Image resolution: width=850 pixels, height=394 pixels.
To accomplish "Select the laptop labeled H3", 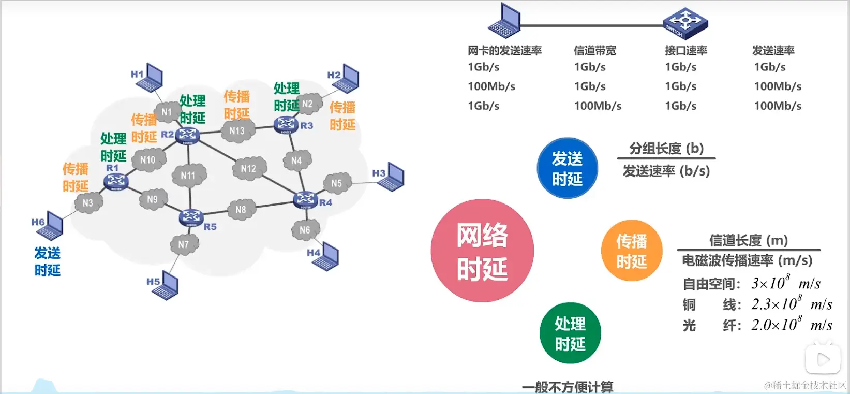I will [x=394, y=177].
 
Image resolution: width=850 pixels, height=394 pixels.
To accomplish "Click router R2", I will [x=187, y=135].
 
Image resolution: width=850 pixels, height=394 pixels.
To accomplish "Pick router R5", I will [x=191, y=217].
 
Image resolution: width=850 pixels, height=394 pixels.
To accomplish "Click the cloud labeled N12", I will [x=249, y=169].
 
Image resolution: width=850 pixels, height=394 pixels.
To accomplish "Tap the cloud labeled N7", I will [x=184, y=244].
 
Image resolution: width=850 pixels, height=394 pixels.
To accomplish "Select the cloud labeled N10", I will [x=148, y=160].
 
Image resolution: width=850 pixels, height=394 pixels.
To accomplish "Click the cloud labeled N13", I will [x=237, y=131].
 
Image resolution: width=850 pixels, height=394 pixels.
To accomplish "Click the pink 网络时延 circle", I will [x=482, y=251].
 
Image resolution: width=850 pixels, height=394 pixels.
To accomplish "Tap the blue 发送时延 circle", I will [x=567, y=168].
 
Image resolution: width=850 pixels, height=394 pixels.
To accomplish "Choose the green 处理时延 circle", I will [x=570, y=333].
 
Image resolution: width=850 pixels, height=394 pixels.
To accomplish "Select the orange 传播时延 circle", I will [x=632, y=251].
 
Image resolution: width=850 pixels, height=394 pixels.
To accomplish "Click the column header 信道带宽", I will [x=595, y=51].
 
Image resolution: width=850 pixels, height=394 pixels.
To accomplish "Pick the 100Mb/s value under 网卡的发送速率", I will [x=491, y=86].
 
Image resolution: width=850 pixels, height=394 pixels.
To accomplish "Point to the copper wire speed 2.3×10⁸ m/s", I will [x=792, y=304].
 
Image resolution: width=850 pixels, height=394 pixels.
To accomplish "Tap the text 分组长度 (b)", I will [x=666, y=149].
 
